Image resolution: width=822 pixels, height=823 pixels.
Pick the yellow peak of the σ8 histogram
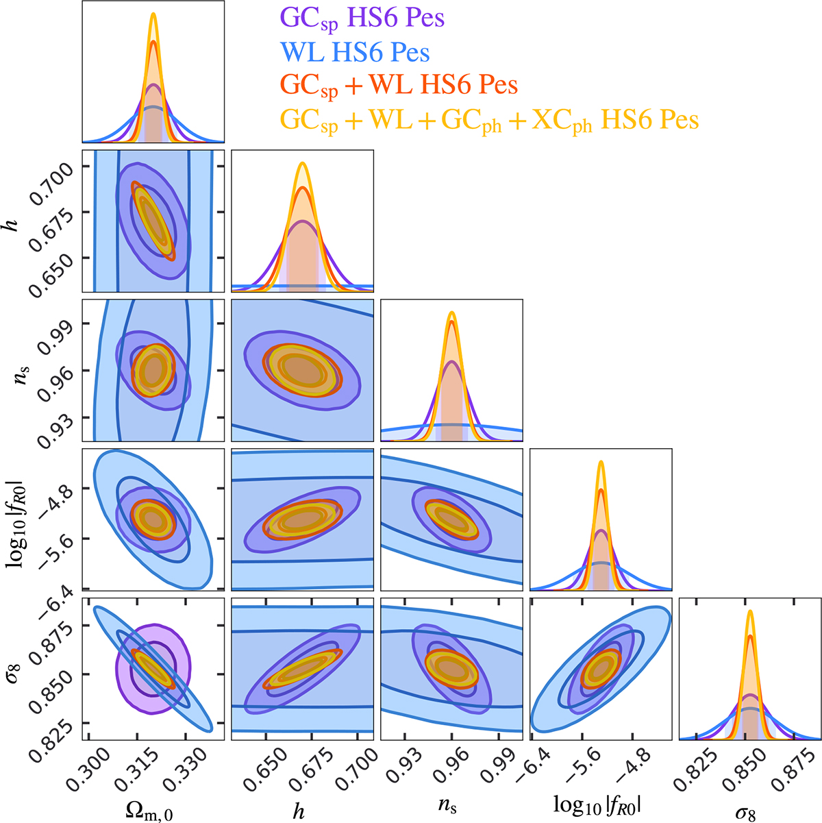[x=750, y=611]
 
